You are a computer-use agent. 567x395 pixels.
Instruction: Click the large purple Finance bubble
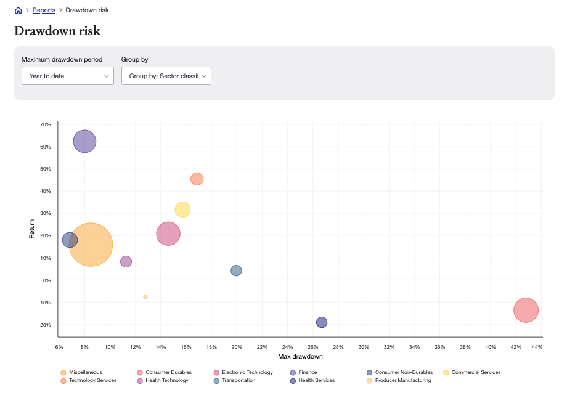(84, 141)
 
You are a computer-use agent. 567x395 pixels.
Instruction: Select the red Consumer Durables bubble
(526, 310)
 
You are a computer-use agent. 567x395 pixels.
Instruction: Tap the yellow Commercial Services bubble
(182, 210)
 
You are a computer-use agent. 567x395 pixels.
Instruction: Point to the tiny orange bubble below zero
(145, 296)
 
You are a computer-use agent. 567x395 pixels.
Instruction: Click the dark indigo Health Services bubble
(322, 322)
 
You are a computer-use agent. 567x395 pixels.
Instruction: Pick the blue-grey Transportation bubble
(236, 271)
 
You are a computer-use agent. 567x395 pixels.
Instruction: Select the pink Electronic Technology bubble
(168, 234)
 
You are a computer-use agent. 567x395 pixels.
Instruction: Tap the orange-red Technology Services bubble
(197, 179)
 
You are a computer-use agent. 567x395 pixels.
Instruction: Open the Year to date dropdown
(67, 76)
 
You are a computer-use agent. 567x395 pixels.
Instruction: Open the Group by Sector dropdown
(166, 76)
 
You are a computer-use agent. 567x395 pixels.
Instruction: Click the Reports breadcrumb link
(44, 10)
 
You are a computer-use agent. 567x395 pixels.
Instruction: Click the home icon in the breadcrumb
(18, 10)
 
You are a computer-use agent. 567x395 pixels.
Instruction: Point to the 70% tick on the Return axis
(46, 124)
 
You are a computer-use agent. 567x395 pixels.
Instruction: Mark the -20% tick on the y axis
(45, 325)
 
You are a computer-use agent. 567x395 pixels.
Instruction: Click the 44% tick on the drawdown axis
(537, 348)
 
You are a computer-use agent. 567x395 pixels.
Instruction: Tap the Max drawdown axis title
(300, 357)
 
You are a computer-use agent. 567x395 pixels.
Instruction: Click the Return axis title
(32, 230)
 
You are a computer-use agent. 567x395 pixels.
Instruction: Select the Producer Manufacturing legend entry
(402, 380)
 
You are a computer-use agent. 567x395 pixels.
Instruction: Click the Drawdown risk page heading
(57, 31)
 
